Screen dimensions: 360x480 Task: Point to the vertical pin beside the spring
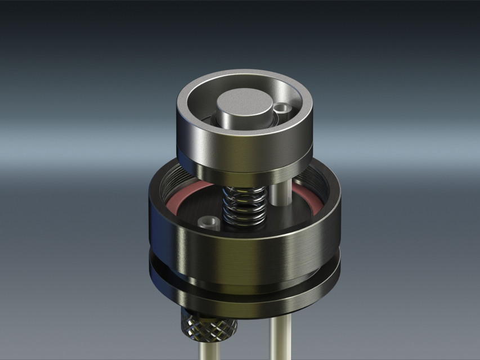(x=279, y=195)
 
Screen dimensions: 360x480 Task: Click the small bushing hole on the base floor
(x=211, y=222)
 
